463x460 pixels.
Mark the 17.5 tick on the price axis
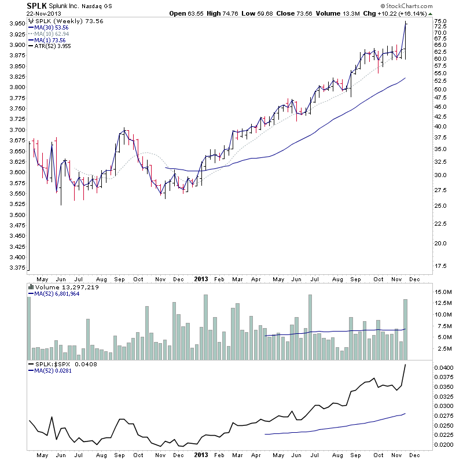[x=440, y=266]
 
